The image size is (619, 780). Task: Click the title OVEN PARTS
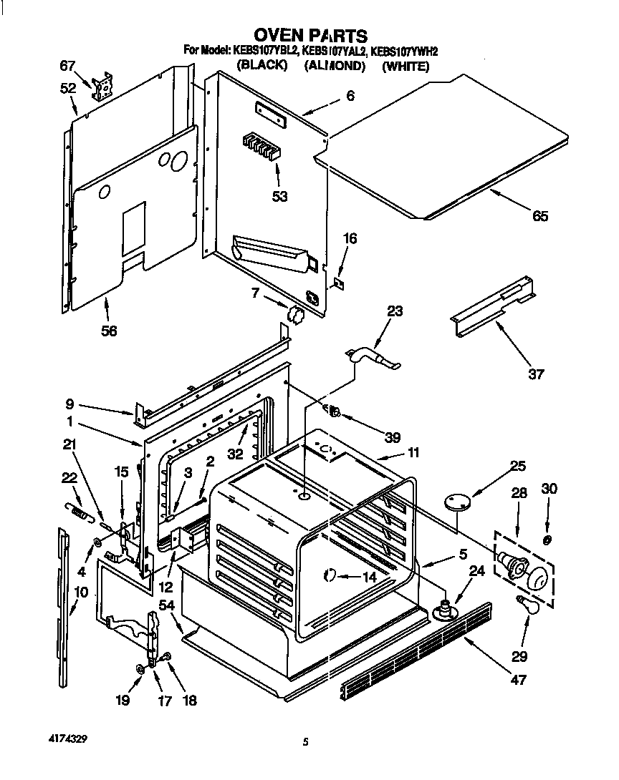[x=311, y=35]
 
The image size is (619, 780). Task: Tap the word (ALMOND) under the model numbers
[x=335, y=66]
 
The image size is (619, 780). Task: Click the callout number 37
[x=536, y=374]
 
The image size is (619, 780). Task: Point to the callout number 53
[x=279, y=195]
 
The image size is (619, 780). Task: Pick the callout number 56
[x=109, y=330]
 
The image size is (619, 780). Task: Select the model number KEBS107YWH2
[x=398, y=51]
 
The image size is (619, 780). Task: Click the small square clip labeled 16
[x=340, y=284]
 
